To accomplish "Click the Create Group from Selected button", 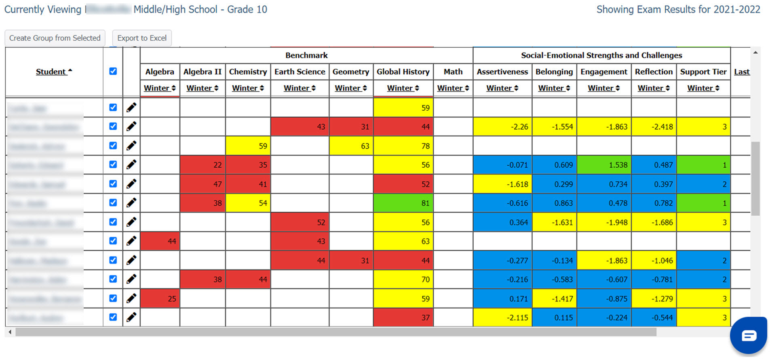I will point(55,38).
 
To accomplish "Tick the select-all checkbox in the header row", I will point(113,71).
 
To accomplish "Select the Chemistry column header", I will point(248,72).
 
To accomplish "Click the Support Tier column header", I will point(703,72).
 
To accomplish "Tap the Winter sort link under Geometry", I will point(350,88).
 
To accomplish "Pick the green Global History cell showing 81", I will point(403,203).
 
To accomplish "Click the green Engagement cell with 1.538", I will point(604,165).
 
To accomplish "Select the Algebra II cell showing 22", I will point(202,165).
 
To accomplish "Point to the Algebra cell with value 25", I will point(160,299).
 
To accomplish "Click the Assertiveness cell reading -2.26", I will point(502,127).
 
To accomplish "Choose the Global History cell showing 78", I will point(403,146).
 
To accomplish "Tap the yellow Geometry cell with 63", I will point(350,146).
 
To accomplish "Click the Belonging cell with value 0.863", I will point(554,203).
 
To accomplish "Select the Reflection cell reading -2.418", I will point(654,127).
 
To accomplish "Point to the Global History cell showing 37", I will point(403,318).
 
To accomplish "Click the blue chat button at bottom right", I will point(748,335).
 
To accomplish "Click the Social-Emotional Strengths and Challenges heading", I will point(601,55).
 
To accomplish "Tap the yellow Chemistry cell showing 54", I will point(248,203).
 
